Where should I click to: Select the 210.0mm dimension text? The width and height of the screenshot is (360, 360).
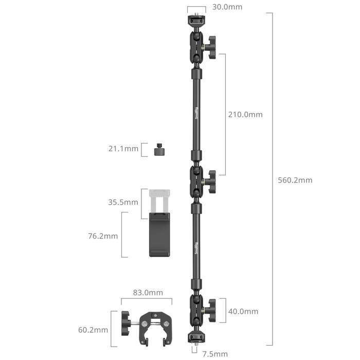(245, 115)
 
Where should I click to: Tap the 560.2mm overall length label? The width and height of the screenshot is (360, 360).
(295, 180)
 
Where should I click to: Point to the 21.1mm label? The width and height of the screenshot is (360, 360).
(123, 149)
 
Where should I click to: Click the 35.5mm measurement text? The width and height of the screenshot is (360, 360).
(123, 202)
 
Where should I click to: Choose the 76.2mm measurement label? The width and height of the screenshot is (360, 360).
(103, 236)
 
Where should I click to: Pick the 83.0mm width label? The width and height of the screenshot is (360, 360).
(148, 293)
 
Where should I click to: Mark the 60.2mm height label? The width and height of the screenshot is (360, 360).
(94, 330)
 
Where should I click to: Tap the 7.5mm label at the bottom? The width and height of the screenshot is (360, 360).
(214, 354)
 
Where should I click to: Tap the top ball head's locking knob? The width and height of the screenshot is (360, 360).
(212, 46)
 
